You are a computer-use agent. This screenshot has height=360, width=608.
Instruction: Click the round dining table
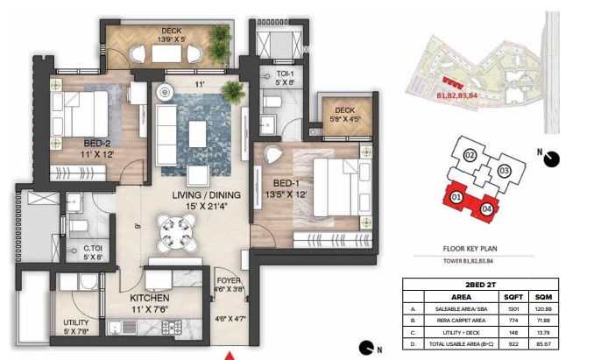pos(171,231)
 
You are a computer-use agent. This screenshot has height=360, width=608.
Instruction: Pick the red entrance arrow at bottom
pos(230,355)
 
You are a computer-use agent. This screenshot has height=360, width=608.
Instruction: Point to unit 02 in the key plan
pos(470,156)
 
